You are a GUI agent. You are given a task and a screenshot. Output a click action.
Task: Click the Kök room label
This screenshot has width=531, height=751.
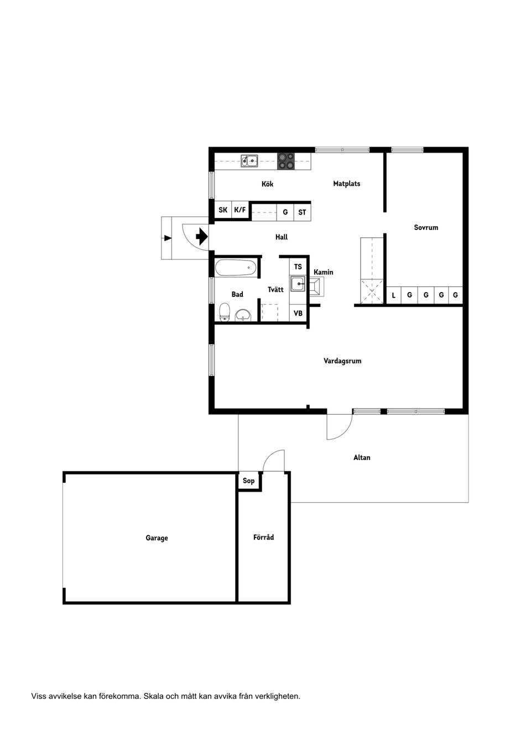267,184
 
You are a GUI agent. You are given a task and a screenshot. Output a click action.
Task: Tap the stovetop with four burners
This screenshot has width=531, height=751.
285,161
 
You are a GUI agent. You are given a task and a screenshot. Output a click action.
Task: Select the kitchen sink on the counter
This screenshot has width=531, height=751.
249,161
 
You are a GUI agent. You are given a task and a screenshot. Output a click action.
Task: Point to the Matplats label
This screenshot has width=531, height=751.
346,184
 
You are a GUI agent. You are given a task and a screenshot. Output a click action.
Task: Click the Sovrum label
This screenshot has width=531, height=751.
426,228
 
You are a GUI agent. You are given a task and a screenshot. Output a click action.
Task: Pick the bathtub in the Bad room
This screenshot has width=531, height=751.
236,268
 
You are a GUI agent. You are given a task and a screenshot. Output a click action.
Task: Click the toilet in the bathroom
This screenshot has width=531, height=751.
224,312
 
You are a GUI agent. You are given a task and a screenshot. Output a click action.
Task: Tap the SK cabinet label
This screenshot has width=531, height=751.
223,210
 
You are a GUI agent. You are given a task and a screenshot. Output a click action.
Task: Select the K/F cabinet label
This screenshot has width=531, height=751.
240,210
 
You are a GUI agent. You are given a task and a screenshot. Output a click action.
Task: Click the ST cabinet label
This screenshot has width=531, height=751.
302,212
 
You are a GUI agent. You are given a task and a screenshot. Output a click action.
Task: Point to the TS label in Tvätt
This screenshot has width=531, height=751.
298,267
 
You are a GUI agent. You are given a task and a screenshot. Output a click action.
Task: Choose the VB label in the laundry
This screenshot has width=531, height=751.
298,314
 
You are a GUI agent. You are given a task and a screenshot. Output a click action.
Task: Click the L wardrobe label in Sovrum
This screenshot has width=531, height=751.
394,295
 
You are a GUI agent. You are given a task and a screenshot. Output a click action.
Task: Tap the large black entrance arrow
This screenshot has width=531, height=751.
202,237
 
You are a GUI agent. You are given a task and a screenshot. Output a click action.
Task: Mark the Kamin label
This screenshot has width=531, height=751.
323,272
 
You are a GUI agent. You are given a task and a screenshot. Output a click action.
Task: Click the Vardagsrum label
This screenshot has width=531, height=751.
342,361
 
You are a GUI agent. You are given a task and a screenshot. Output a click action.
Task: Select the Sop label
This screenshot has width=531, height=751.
248,481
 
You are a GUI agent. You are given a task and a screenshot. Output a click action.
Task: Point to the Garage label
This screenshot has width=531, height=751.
157,538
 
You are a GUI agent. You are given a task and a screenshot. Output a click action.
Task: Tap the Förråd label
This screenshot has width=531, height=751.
263,537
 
